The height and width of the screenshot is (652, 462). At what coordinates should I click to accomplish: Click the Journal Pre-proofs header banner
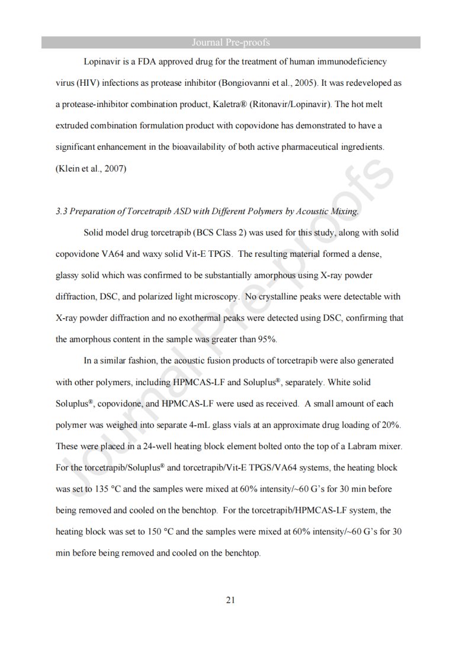coord(231,42)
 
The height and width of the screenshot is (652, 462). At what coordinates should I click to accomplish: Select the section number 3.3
coord(62,211)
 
